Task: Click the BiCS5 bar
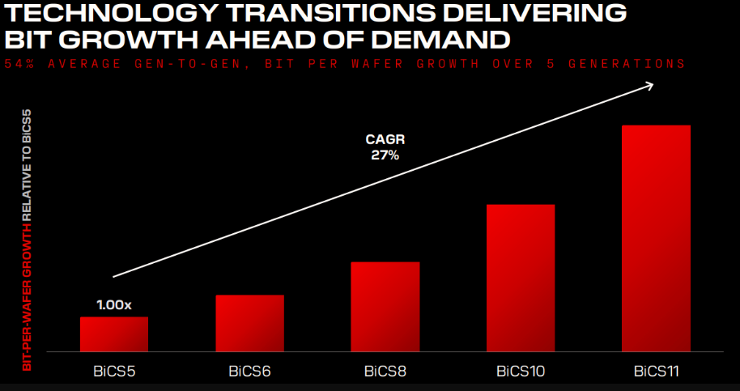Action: (x=113, y=334)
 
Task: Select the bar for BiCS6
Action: (x=249, y=323)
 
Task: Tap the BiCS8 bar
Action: (x=385, y=307)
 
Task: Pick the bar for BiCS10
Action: (x=521, y=278)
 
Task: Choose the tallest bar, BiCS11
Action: (x=656, y=238)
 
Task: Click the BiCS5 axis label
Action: (x=113, y=372)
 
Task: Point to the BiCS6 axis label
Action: (x=249, y=372)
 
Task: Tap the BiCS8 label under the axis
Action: (x=385, y=372)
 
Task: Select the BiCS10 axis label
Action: (x=521, y=372)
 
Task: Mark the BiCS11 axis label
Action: (x=657, y=372)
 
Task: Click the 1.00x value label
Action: (x=113, y=305)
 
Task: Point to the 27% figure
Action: (x=385, y=155)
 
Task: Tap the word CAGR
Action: (x=385, y=139)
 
